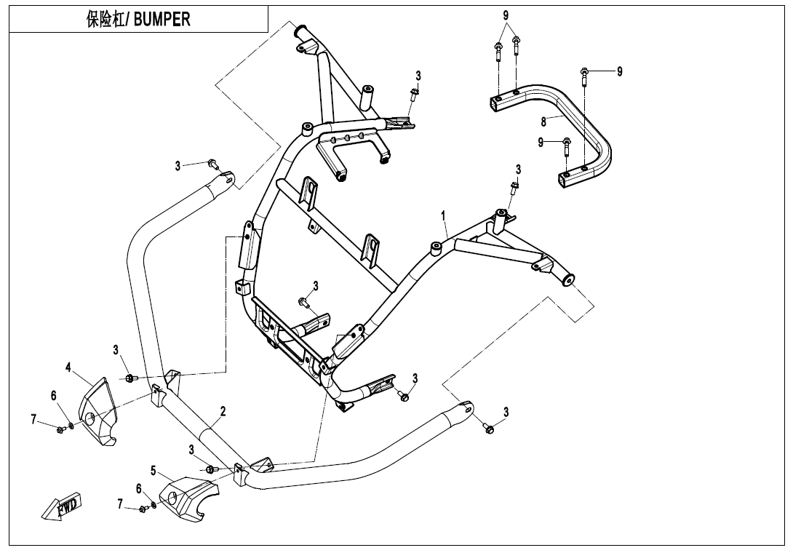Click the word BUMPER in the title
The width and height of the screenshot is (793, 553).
coord(161,20)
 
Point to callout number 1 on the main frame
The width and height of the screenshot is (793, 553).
coord(443,216)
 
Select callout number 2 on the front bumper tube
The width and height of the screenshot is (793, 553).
coord(223,412)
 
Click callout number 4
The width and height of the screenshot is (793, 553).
coord(68,367)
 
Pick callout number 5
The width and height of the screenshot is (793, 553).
coord(154,471)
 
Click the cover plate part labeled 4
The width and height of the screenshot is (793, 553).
coord(98,411)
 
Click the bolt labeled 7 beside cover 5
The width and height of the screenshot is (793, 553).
coord(143,509)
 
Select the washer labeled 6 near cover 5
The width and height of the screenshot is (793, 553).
coord(153,504)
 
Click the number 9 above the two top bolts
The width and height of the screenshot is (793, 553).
coord(506,15)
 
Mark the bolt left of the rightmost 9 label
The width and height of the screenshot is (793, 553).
coord(585,72)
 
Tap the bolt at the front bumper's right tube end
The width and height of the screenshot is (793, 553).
coord(489,429)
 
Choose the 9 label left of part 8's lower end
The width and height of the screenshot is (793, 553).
coord(541,142)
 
